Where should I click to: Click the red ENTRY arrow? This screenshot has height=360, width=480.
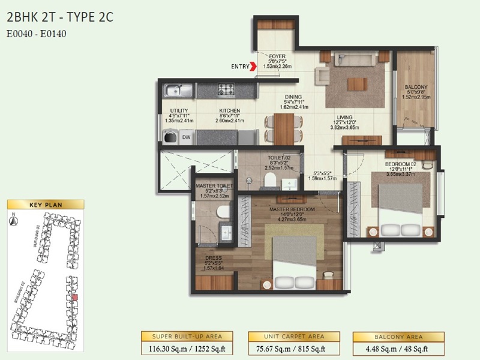pos(254,67)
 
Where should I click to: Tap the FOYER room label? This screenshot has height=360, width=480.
pos(277,56)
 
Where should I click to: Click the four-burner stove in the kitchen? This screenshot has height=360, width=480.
pos(226,91)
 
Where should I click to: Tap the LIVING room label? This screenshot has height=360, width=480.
pos(344,118)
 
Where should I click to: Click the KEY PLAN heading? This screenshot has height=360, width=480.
pos(46,205)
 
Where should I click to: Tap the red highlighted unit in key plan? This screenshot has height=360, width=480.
pos(74,297)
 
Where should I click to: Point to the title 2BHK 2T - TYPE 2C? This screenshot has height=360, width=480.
pos(60,17)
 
